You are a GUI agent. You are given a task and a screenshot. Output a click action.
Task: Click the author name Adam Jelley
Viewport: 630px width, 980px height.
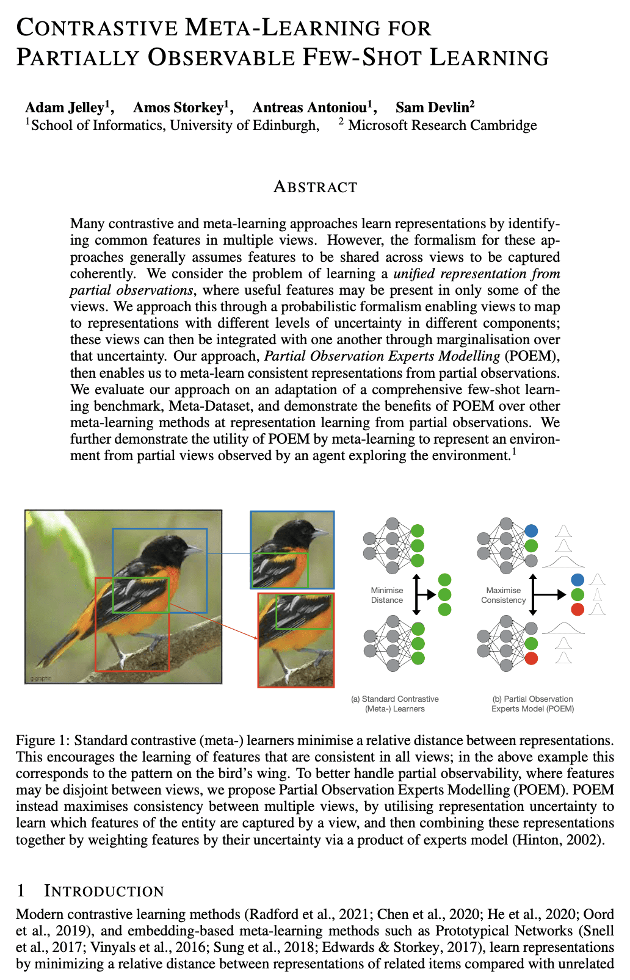[x=64, y=108]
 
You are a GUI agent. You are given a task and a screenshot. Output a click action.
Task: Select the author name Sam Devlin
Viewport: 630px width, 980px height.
[x=432, y=108]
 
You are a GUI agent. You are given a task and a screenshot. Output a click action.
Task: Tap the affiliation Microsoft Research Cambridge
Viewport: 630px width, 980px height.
[x=442, y=126]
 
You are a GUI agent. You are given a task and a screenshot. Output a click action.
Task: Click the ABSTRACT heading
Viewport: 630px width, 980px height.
[x=315, y=187]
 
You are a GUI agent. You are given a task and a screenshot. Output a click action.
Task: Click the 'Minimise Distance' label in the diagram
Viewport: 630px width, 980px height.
[x=387, y=595]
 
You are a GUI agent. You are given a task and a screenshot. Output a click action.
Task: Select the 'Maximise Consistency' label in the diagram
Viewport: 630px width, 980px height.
[x=503, y=595]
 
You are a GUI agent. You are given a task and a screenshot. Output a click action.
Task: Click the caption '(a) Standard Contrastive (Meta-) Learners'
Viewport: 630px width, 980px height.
[x=395, y=704]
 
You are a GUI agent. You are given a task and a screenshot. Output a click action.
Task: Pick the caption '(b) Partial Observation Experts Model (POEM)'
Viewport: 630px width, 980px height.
[x=532, y=704]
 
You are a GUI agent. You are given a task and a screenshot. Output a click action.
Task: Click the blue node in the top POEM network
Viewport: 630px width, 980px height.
[x=531, y=531]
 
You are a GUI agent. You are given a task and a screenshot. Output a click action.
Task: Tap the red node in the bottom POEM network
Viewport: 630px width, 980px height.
[x=531, y=658]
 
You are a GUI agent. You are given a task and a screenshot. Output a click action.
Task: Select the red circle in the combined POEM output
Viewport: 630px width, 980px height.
[x=577, y=609]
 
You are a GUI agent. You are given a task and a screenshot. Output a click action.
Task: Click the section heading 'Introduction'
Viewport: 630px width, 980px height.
[x=104, y=892]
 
